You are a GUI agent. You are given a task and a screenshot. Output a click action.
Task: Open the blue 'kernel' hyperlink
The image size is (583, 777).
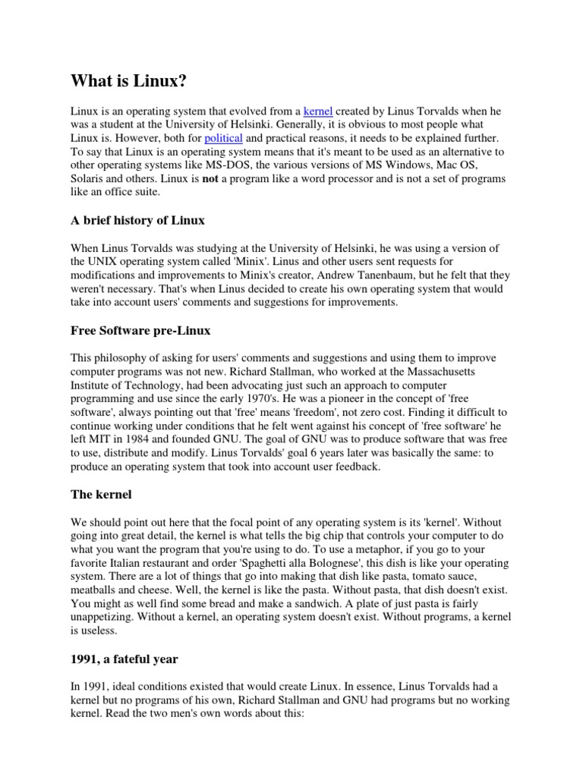tap(318, 112)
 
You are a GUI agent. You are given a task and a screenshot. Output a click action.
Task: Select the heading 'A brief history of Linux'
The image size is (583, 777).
tap(137, 221)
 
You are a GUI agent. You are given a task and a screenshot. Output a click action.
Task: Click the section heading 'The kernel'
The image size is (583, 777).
tap(101, 494)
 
